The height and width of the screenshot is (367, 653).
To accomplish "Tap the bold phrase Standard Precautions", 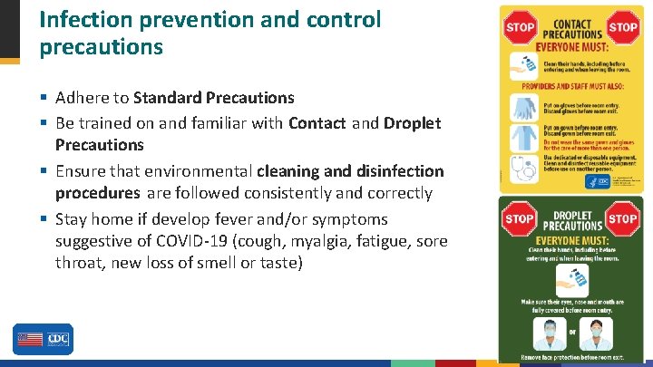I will point(214,97).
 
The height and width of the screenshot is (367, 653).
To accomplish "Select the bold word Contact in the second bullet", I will point(317,122).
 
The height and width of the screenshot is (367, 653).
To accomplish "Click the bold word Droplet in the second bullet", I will point(413,122).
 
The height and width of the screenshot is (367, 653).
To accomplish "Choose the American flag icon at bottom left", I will point(29,340).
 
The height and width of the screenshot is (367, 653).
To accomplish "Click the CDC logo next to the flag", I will point(57,340).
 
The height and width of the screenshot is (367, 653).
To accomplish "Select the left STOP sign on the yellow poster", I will point(520,26).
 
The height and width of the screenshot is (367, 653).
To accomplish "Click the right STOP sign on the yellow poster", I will point(623,26).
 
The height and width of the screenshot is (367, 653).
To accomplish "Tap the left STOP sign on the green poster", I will point(519,218).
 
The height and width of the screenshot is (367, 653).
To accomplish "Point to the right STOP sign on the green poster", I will point(624,218).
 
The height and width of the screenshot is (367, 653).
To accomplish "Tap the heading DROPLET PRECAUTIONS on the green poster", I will point(571,218).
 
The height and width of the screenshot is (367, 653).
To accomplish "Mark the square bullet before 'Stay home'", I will point(44,219).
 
